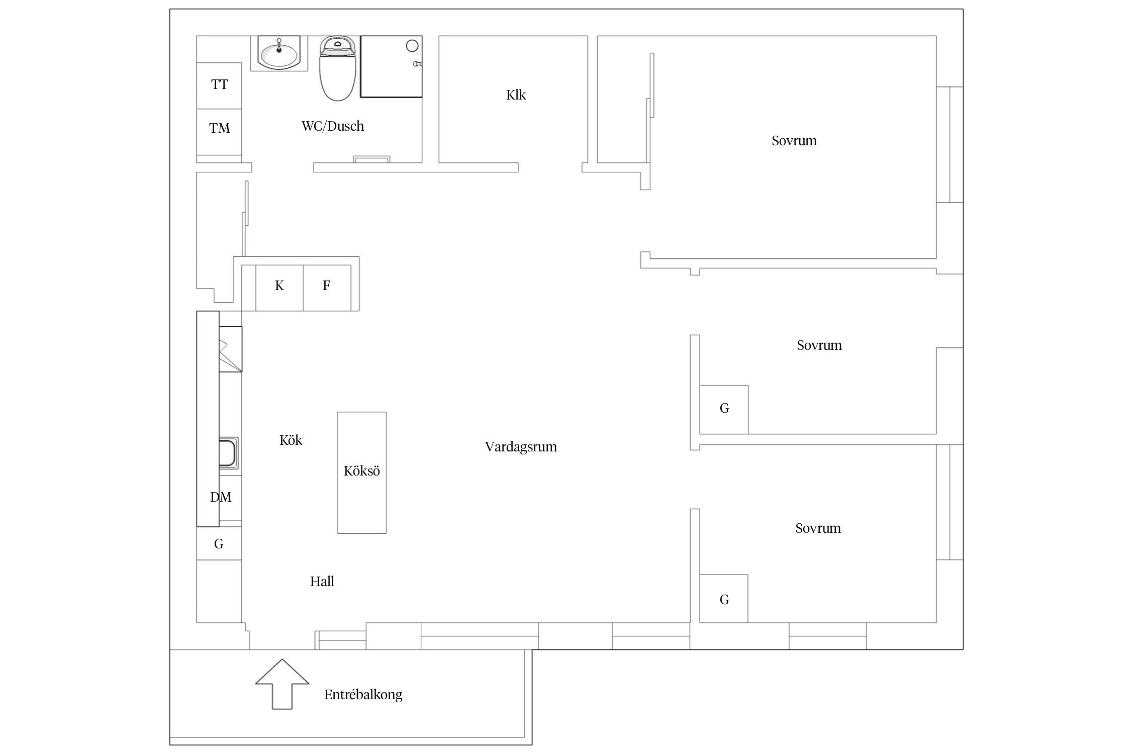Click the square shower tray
tap(391, 66)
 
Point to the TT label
tap(220, 84)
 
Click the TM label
tap(220, 128)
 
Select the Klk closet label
tap(516, 95)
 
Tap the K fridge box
tap(279, 288)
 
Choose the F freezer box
tap(327, 288)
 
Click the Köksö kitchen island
tap(362, 473)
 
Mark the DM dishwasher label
tap(221, 497)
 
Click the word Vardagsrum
tap(521, 447)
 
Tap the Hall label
tap(322, 582)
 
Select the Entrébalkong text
tap(363, 695)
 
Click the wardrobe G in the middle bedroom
tap(724, 410)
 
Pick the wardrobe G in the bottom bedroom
tap(724, 599)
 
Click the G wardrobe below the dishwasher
tap(219, 543)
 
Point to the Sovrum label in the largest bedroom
tap(794, 141)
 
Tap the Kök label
tap(291, 440)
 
